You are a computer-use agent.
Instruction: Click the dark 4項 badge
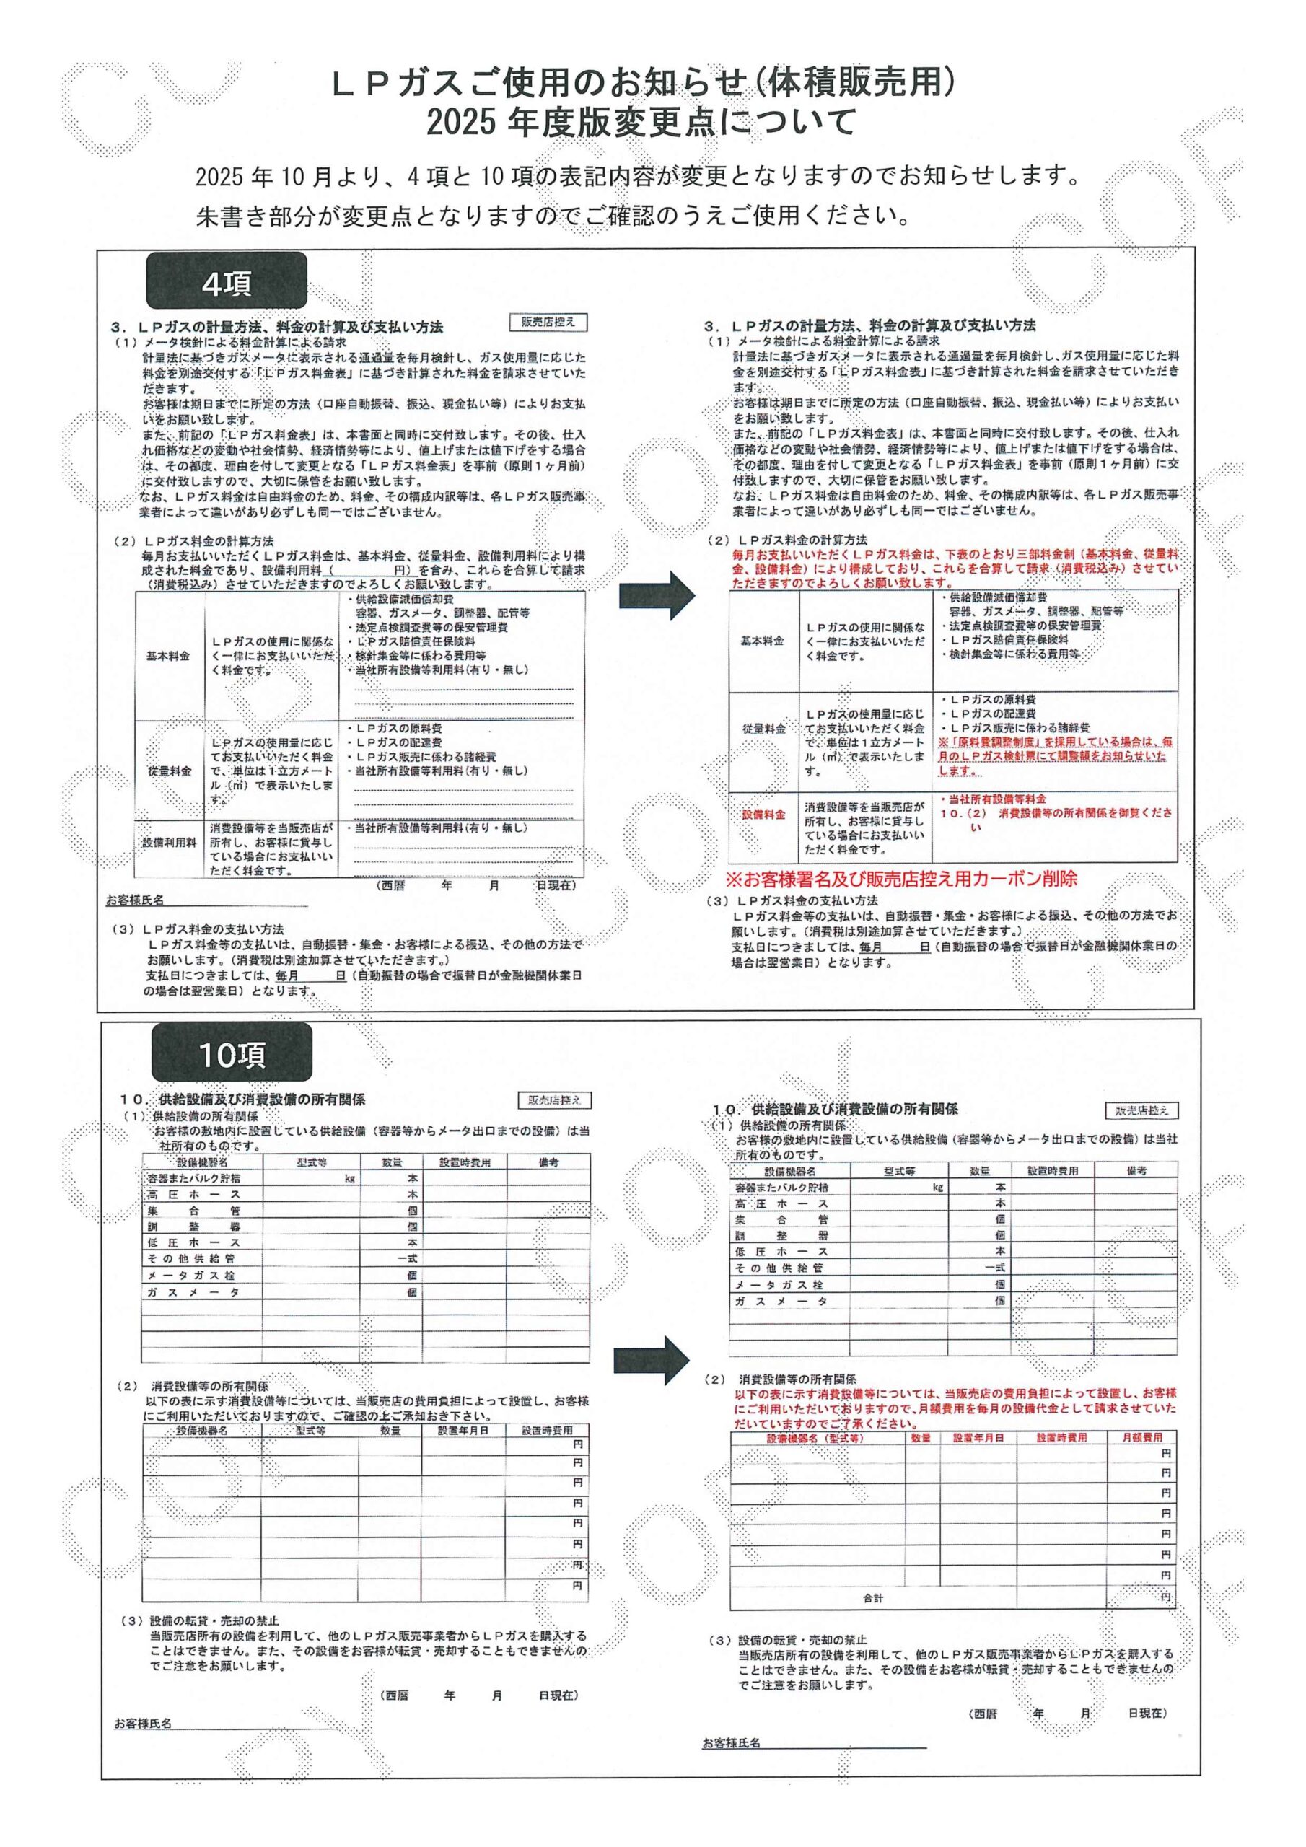pyautogui.click(x=226, y=281)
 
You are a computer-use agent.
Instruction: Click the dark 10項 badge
pyautogui.click(x=232, y=1053)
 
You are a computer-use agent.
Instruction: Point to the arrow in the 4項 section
pyautogui.click(x=657, y=595)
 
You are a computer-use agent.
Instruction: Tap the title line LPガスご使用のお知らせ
pyautogui.click(x=644, y=84)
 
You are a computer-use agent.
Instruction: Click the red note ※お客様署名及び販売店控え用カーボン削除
pyautogui.click(x=901, y=877)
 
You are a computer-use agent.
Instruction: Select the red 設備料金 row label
pyautogui.click(x=763, y=815)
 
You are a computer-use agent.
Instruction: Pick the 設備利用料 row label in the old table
pyautogui.click(x=170, y=842)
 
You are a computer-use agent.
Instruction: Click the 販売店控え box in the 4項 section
pyautogui.click(x=548, y=322)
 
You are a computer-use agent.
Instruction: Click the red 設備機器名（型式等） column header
pyautogui.click(x=815, y=1436)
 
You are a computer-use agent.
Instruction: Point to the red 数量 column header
pyautogui.click(x=921, y=1436)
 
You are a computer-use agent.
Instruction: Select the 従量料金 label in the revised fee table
pyautogui.click(x=763, y=728)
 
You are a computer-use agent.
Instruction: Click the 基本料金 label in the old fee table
pyautogui.click(x=168, y=656)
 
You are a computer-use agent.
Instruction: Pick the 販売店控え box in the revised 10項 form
pyautogui.click(x=1141, y=1111)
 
